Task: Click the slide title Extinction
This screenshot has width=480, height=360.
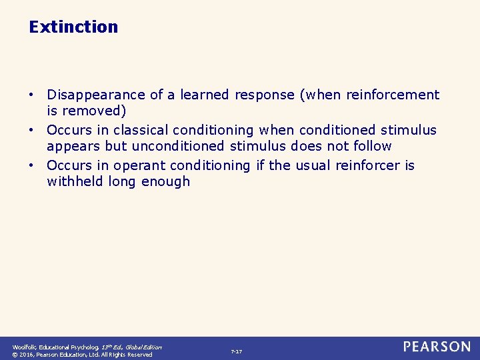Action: coord(73,27)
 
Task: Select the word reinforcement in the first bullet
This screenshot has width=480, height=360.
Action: coord(393,95)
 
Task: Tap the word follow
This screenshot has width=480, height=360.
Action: coord(371,145)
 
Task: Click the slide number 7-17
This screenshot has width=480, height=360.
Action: coord(236,351)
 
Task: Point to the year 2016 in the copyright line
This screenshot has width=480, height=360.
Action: coord(29,355)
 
